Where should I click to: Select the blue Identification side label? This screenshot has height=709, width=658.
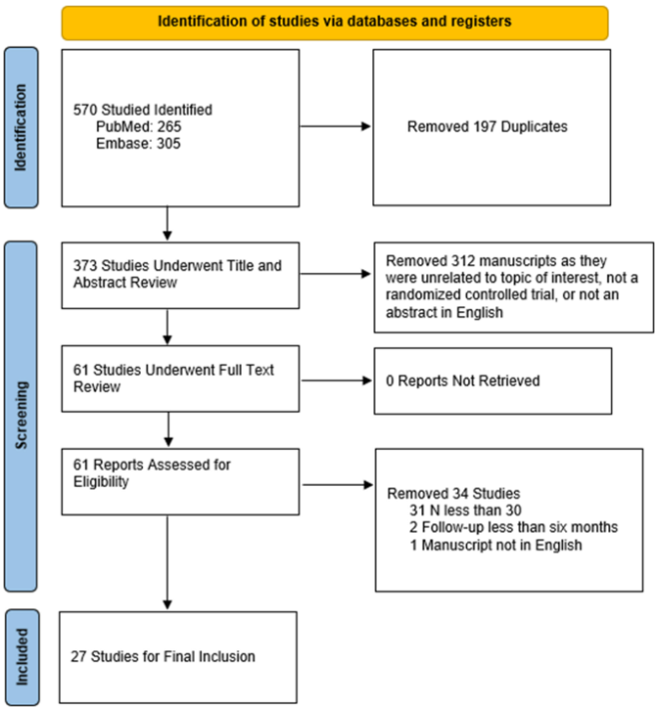[x=20, y=127]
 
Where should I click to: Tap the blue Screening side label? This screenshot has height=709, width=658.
[x=20, y=416]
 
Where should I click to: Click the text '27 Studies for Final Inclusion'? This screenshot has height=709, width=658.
[x=163, y=656]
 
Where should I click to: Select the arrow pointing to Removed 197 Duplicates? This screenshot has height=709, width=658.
[x=335, y=127]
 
